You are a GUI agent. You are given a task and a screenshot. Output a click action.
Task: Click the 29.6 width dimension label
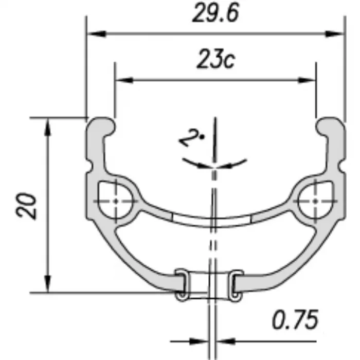click(x=215, y=13)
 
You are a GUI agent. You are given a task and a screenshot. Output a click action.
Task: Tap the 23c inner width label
click(x=216, y=59)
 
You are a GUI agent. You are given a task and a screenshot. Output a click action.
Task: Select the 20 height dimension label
click(x=26, y=206)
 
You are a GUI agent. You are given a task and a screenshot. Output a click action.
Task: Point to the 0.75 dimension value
click(x=295, y=319)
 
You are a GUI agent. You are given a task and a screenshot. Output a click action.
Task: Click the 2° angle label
click(x=191, y=137)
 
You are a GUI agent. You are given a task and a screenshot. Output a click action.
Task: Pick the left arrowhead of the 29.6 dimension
click(x=97, y=34)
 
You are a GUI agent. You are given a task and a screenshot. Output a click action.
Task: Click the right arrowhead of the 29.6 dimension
click(x=334, y=34)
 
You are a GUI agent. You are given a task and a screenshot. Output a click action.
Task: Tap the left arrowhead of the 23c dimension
click(x=124, y=80)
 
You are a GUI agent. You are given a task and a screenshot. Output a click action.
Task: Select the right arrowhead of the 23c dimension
click(x=307, y=80)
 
